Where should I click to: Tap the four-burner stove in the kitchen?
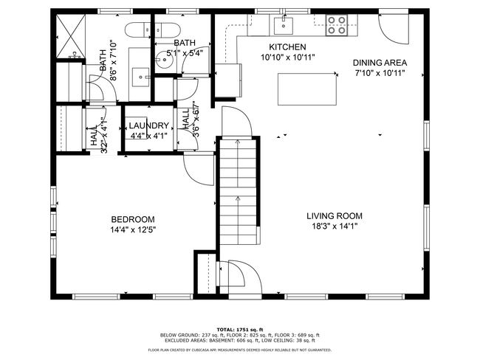(337, 25)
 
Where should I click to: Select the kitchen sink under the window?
(284, 26)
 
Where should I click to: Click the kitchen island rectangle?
(306, 89)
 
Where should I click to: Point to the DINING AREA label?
(380, 63)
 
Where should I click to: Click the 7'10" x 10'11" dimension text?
(380, 74)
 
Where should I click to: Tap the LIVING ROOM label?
(335, 216)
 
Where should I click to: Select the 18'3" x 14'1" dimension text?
(335, 227)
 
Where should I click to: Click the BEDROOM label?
(133, 219)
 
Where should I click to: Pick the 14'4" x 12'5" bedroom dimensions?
(133, 229)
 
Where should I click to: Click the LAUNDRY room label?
(149, 125)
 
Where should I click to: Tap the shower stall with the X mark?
(71, 34)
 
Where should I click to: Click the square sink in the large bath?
(140, 75)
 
